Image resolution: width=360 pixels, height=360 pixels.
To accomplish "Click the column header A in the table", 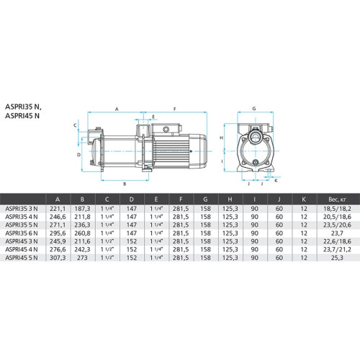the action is (x=58, y=199).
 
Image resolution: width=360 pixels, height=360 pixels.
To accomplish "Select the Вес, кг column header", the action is (x=337, y=199).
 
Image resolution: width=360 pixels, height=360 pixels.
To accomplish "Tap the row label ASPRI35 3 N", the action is (x=22, y=209).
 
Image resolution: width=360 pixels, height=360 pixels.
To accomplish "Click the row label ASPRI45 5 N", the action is (x=22, y=258).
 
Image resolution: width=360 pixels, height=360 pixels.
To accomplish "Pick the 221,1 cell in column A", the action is (x=58, y=209).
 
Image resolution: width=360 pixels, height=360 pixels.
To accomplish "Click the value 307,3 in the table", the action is (x=58, y=258).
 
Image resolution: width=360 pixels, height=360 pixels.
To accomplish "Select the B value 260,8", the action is (x=82, y=233).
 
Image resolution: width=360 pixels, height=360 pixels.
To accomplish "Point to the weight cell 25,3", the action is (x=337, y=258).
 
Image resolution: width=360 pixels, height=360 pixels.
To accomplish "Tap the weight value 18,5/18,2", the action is (x=337, y=209).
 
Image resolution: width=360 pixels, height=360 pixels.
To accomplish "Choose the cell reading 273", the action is (x=82, y=258).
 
